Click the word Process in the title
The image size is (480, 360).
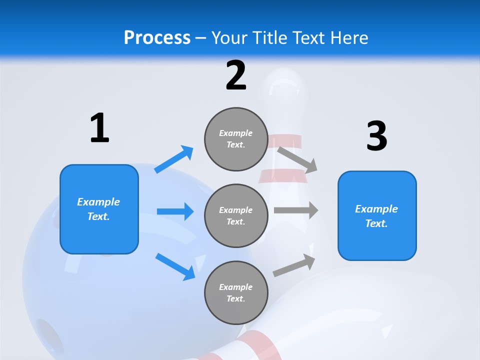pos(157,38)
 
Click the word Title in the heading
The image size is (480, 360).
pos(266,38)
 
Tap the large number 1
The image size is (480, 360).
pos(99,128)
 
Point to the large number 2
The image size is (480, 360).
pos(236,75)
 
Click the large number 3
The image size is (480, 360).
pos(376,136)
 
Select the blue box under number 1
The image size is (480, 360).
pos(99,209)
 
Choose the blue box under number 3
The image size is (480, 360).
pos(377,215)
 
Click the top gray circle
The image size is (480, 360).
pos(236,139)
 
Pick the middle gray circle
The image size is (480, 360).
pos(236,215)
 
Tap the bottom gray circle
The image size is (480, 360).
pos(236,292)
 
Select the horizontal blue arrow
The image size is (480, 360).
pos(175,211)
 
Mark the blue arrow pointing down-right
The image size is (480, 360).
pos(175,266)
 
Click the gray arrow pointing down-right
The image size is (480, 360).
pos(298,159)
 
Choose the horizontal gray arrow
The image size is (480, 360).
pos(295,210)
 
